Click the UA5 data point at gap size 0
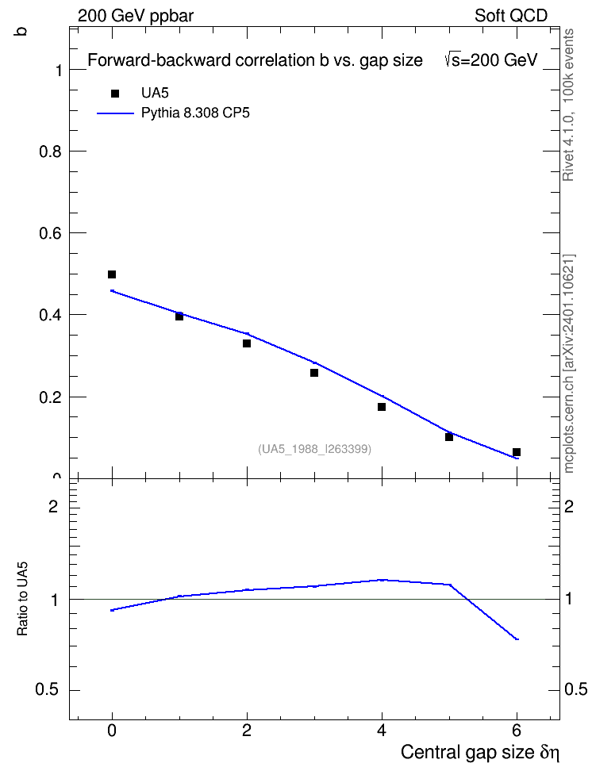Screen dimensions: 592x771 pyautogui.click(x=112, y=274)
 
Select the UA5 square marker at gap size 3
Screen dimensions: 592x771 pyautogui.click(x=314, y=373)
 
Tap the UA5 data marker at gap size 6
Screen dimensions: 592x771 pyautogui.click(x=517, y=452)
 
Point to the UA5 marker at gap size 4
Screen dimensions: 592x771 pyautogui.click(x=382, y=407)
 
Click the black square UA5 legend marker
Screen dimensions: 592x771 pyautogui.click(x=115, y=94)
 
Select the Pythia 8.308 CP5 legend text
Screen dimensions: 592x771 pyautogui.click(x=195, y=113)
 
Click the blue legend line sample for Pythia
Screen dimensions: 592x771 pyautogui.click(x=115, y=113)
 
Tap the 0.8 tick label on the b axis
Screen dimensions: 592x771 pyautogui.click(x=50, y=152)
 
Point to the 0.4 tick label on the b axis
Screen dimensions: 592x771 pyautogui.click(x=50, y=315)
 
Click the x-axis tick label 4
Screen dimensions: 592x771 pyautogui.click(x=382, y=731)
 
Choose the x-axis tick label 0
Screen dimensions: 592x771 pyautogui.click(x=112, y=731)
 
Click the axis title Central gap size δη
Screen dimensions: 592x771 pyautogui.click(x=480, y=752)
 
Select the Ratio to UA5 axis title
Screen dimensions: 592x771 pyautogui.click(x=23, y=598)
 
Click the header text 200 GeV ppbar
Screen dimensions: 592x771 pyautogui.click(x=136, y=16)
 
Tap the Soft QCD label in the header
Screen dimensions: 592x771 pyautogui.click(x=511, y=16)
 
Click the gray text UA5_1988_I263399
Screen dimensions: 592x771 pyautogui.click(x=314, y=449)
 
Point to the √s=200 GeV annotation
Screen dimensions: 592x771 pyautogui.click(x=490, y=60)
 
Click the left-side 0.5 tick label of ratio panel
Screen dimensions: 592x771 pyautogui.click(x=47, y=690)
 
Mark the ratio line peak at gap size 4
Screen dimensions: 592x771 pyautogui.click(x=382, y=580)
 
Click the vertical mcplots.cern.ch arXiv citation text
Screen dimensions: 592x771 pyautogui.click(x=568, y=364)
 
